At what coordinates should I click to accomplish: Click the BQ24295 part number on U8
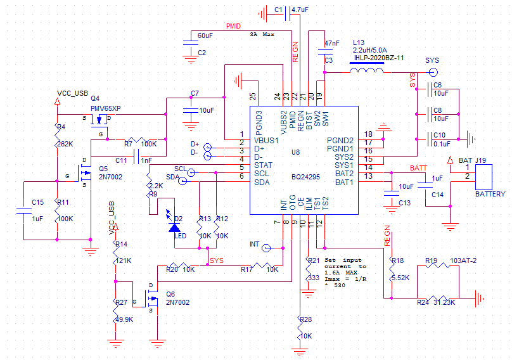point(309,177)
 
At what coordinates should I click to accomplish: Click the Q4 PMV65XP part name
point(106,108)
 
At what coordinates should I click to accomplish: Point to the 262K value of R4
point(66,143)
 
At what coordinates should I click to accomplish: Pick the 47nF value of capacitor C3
point(331,44)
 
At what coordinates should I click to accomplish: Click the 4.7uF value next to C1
point(300,10)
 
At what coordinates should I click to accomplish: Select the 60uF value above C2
point(205,35)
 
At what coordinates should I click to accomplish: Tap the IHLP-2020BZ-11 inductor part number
point(378,58)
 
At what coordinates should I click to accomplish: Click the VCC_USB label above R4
point(72,93)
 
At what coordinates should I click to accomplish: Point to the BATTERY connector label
point(490,194)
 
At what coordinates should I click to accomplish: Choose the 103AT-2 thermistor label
point(464,260)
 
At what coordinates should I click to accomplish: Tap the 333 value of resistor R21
point(312,278)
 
